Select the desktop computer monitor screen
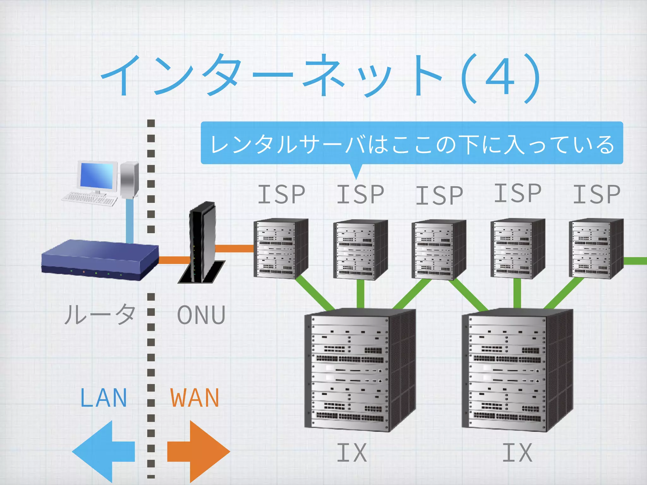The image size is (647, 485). [98, 176]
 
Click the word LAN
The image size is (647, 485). [104, 398]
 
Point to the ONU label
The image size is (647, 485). [201, 315]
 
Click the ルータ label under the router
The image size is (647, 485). [100, 314]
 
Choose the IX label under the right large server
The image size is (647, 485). [517, 452]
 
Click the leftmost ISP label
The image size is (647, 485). [281, 194]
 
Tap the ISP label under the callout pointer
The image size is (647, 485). [360, 194]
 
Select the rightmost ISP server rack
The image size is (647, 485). [596, 249]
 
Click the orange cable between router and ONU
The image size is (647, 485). [174, 260]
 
